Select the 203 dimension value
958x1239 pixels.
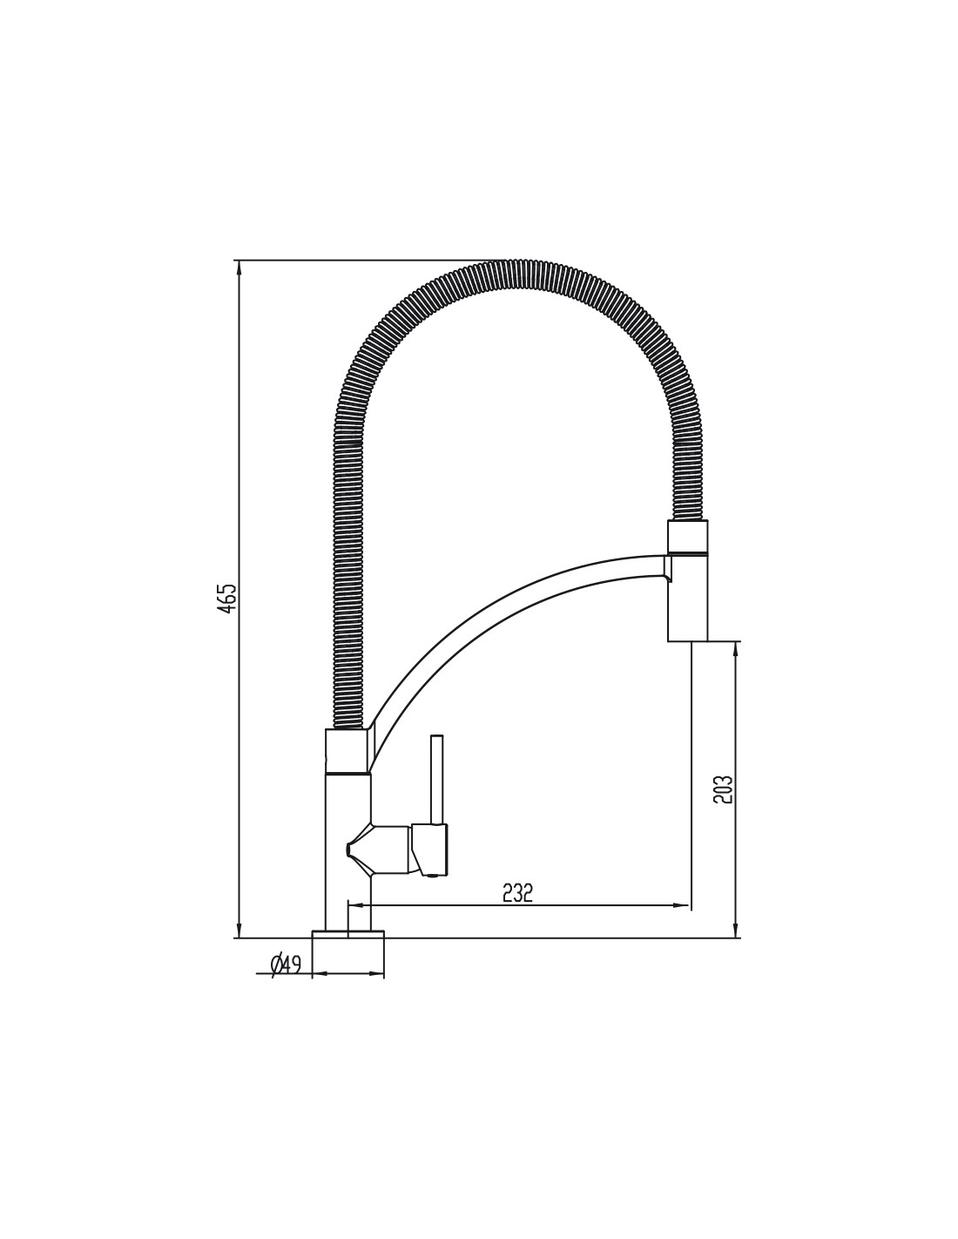[x=722, y=789]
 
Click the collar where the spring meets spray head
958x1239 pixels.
[x=688, y=537]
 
